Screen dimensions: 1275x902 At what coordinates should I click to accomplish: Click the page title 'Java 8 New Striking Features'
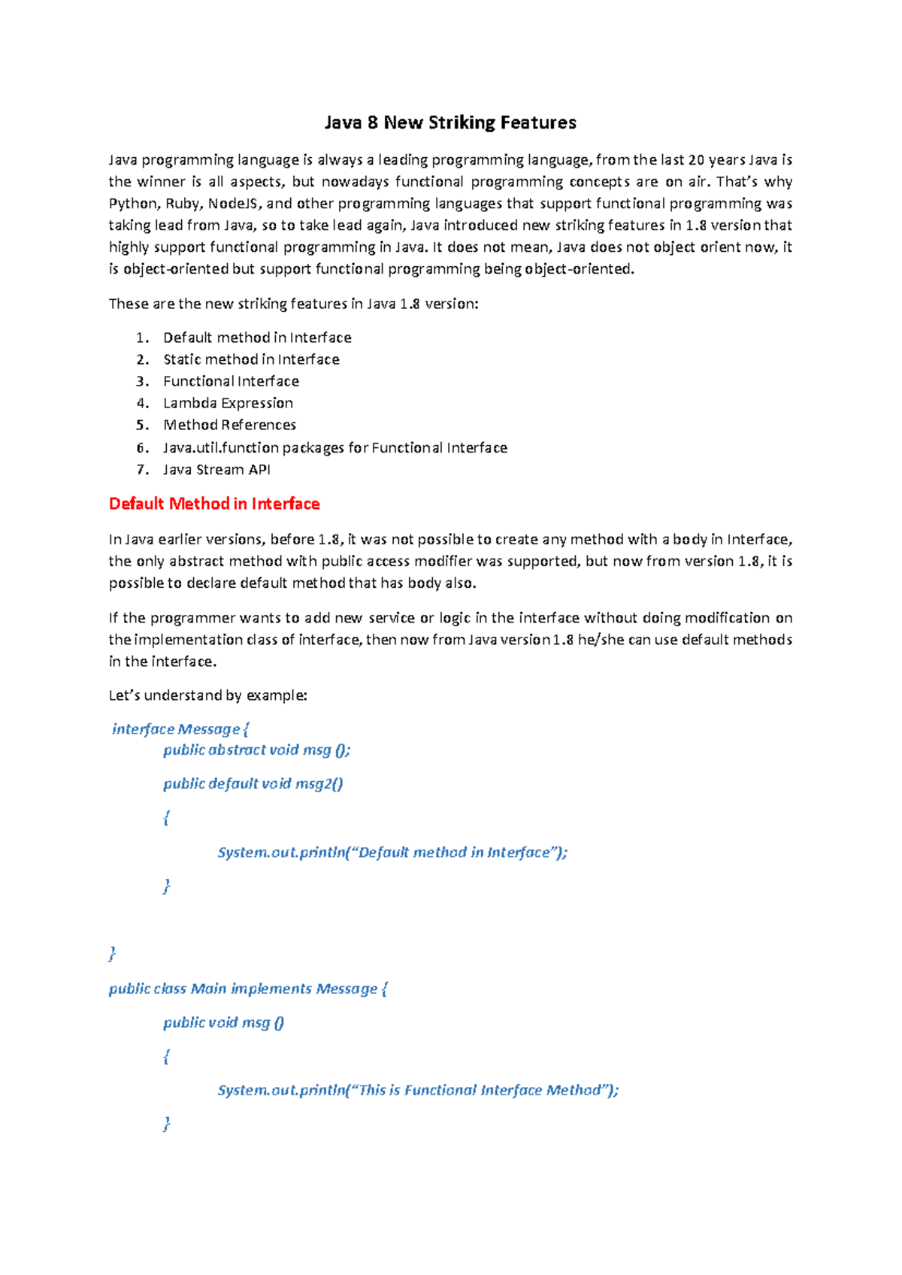coord(450,123)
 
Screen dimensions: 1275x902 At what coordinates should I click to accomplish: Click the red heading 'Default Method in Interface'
coord(214,504)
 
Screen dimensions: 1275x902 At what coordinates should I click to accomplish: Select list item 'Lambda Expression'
coord(228,403)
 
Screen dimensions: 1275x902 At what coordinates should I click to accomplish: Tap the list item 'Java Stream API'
coord(216,469)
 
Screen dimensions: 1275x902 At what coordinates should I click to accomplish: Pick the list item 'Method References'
coord(229,425)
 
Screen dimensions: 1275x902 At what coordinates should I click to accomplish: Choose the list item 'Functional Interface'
coord(231,381)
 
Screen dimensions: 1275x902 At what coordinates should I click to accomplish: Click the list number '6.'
coord(143,447)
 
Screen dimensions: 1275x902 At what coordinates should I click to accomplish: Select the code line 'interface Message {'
coord(180,728)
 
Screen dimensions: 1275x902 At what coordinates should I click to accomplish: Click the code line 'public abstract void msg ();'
coord(257,750)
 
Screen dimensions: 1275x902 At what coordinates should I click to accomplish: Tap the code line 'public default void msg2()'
coord(253,783)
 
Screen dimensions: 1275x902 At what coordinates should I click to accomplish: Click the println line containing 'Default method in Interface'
coord(392,852)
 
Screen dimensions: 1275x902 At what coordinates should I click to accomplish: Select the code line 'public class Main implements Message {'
coord(248,989)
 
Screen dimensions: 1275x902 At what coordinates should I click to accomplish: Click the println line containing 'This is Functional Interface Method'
coord(418,1090)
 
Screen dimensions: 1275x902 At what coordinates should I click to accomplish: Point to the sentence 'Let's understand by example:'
coord(208,695)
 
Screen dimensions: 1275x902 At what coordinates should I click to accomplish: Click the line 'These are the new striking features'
coord(293,304)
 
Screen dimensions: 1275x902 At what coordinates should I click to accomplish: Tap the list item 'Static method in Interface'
coord(251,359)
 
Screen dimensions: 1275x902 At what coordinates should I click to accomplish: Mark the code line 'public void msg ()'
coord(224,1022)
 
